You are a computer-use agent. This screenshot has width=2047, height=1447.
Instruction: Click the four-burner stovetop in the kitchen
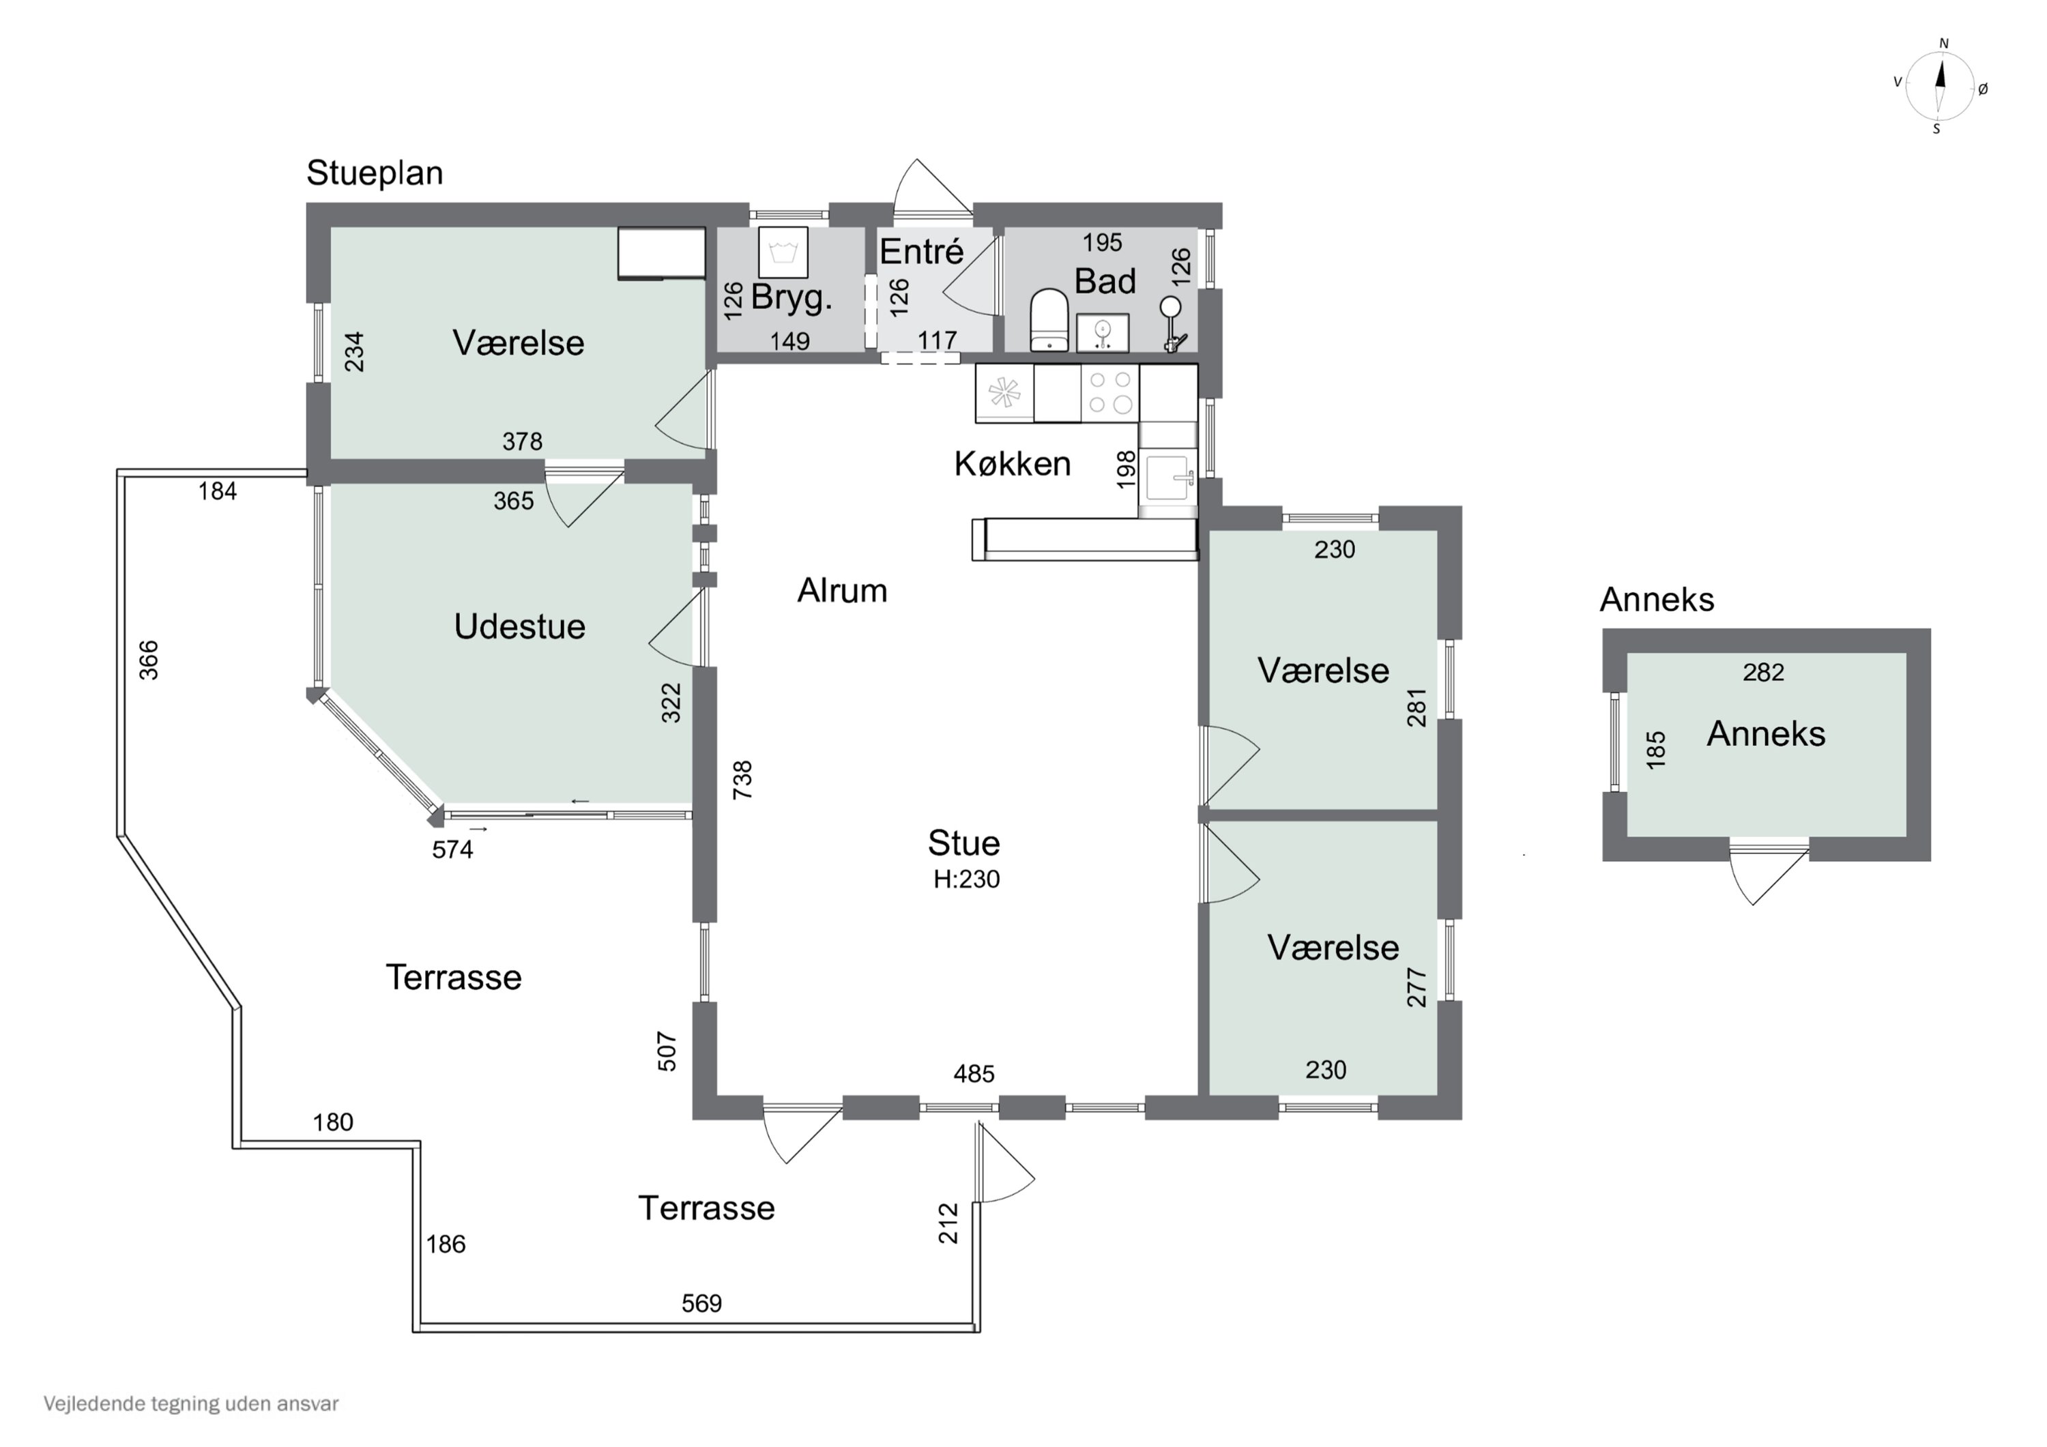(1110, 392)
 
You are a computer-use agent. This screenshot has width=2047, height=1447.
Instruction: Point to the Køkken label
(1012, 464)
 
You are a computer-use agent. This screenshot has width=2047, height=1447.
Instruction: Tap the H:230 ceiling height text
(966, 879)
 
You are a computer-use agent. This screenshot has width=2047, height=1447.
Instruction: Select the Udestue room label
(520, 627)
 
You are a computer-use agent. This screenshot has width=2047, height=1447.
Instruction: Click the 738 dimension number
(742, 779)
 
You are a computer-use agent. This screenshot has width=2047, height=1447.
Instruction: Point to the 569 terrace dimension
(701, 1304)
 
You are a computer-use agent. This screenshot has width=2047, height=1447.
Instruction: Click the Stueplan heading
(375, 173)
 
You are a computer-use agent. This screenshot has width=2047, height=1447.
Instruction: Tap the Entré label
(922, 252)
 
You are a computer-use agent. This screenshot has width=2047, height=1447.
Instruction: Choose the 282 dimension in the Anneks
(1762, 672)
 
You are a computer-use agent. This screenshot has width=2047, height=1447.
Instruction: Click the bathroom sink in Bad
(1103, 332)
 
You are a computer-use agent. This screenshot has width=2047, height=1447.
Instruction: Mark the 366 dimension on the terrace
(149, 660)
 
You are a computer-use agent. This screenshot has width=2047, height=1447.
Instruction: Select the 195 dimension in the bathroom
(1102, 242)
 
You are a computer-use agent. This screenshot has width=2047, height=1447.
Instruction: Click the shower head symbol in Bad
(1171, 308)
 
